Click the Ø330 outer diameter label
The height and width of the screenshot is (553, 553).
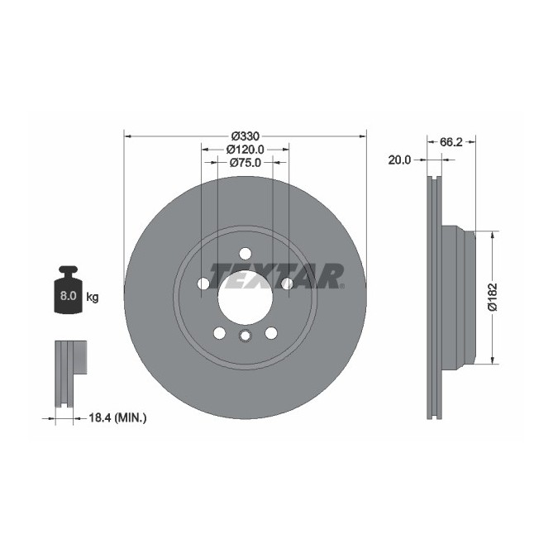click(245, 135)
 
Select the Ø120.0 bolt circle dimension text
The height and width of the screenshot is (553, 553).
click(245, 149)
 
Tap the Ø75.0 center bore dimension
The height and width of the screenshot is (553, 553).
click(245, 163)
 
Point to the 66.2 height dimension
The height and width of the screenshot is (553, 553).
click(451, 142)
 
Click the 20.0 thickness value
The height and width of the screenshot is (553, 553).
click(400, 160)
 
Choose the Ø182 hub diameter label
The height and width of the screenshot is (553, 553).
click(492, 297)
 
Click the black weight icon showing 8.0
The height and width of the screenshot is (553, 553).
click(69, 291)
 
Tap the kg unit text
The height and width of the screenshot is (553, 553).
click(93, 296)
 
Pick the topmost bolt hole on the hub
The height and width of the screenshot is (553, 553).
click(245, 253)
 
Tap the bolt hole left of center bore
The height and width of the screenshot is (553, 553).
click(203, 284)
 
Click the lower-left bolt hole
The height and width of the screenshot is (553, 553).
click(219, 332)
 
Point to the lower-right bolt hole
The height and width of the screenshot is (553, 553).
click(270, 332)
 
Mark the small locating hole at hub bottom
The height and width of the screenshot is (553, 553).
click(245, 336)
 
